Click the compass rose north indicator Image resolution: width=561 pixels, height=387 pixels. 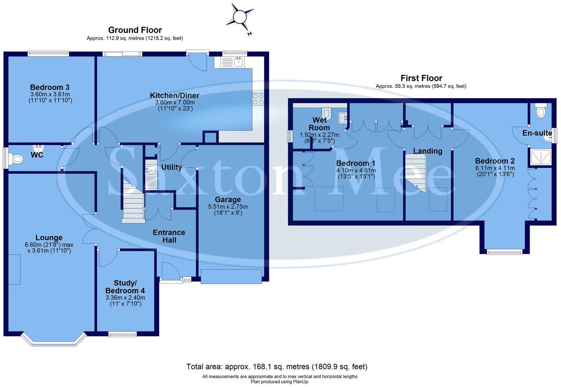(240, 18)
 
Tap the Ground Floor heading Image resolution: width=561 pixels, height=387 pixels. (135, 30)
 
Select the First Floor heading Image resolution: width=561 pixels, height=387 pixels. (421, 78)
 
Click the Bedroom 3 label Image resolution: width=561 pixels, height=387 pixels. (50, 87)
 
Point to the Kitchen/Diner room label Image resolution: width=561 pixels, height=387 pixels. (175, 95)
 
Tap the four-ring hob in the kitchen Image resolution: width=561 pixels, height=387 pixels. (258, 99)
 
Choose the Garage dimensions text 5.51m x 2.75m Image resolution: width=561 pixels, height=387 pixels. (228, 207)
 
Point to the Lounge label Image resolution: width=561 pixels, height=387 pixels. (49, 238)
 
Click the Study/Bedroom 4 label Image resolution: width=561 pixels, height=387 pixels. (125, 287)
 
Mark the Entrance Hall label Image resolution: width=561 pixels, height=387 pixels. (169, 236)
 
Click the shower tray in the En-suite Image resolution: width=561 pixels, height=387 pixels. (541, 157)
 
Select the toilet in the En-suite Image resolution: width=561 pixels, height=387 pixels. (541, 111)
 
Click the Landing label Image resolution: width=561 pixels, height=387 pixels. (428, 151)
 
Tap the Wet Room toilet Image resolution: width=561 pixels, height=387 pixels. (327, 114)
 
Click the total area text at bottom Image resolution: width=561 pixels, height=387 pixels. (277, 367)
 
